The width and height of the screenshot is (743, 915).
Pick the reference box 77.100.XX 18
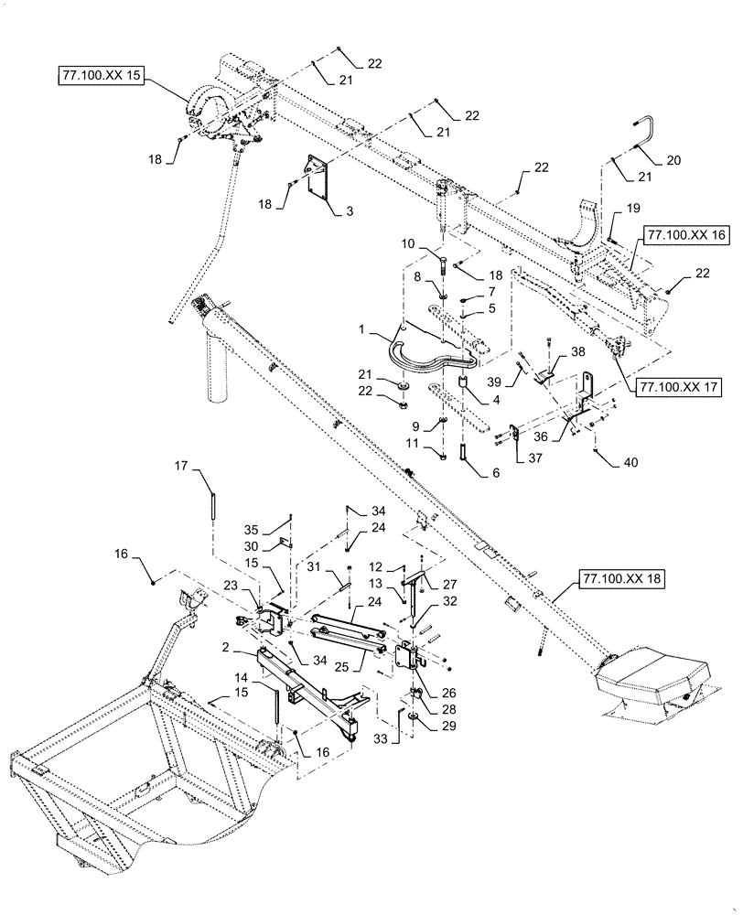coord(619,578)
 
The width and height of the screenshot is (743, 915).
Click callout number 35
coord(279,529)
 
